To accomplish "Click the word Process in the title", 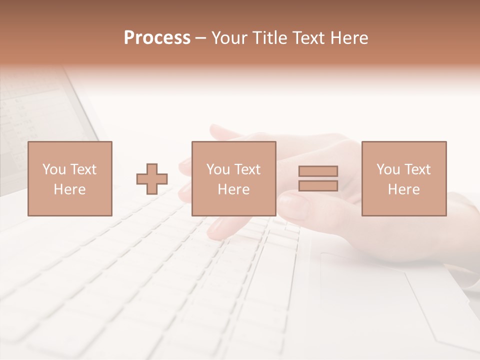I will (x=157, y=38).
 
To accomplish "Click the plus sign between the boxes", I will (x=152, y=179).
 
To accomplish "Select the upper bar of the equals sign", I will (x=318, y=171).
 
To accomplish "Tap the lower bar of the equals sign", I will (x=318, y=186).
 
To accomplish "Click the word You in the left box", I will (x=53, y=169).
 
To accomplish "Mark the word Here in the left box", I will (x=69, y=189).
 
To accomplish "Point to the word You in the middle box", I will (x=218, y=169).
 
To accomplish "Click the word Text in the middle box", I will (x=247, y=169).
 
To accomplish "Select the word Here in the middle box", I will (x=234, y=189).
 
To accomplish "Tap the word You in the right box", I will (x=388, y=169).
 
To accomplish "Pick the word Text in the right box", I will (x=417, y=169).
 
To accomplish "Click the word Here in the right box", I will (x=404, y=189).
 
